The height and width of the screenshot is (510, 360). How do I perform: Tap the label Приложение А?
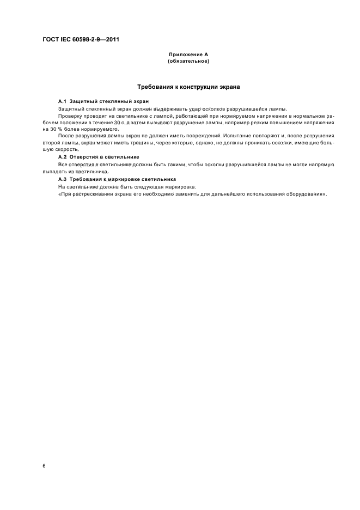[x=188, y=55]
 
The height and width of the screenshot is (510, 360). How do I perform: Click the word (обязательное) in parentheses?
[x=188, y=61]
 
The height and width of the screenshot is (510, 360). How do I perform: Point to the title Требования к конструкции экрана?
[x=188, y=87]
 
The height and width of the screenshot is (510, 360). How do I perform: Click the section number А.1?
[x=62, y=102]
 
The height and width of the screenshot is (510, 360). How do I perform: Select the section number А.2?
[x=62, y=156]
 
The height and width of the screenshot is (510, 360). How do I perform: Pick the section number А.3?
[x=62, y=179]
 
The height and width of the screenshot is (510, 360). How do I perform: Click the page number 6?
[x=44, y=465]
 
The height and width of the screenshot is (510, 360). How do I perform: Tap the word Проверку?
[x=69, y=117]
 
